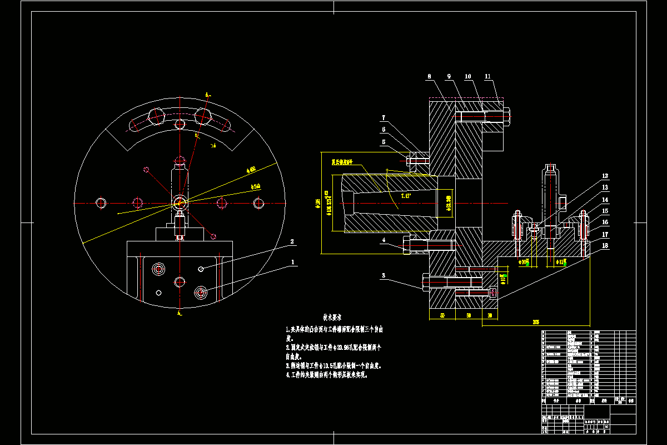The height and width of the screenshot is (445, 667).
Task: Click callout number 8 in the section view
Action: click(429, 76)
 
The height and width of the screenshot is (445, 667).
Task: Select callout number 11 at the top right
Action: click(487, 76)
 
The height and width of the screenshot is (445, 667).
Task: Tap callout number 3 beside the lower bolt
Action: click(383, 275)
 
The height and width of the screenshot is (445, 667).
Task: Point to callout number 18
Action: click(605, 245)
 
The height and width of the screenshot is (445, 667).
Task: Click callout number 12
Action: click(605, 176)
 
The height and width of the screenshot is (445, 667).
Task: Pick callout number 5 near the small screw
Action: click(383, 142)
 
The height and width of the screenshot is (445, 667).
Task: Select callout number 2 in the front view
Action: click(291, 242)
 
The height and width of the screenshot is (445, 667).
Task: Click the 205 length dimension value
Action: click(536, 322)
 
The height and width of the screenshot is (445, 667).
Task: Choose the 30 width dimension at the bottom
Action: click(490, 315)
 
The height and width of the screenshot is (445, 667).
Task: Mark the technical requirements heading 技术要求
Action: click(332, 317)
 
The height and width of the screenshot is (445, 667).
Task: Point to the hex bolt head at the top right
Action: click(507, 116)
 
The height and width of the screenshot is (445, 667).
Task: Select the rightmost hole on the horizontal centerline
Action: click(258, 203)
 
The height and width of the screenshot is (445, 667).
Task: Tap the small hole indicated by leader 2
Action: click(201, 269)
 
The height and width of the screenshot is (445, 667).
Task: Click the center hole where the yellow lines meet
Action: click(180, 201)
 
